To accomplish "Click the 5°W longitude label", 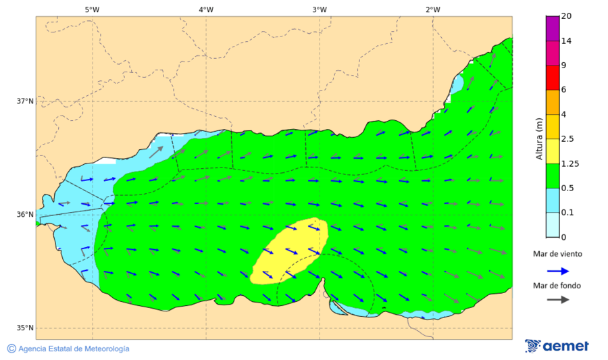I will pyautogui.click(x=93, y=9).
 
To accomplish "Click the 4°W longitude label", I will pyautogui.click(x=206, y=9).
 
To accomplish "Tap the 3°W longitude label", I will pyautogui.click(x=320, y=9).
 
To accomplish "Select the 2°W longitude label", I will pyautogui.click(x=433, y=9).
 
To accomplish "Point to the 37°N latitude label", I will pyautogui.click(x=25, y=101).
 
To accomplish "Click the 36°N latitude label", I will pyautogui.click(x=25, y=215).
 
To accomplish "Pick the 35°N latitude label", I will pyautogui.click(x=25, y=328).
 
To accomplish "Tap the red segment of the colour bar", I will pyautogui.click(x=553, y=77).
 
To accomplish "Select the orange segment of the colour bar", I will pyautogui.click(x=553, y=102).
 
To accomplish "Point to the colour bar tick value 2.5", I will pyautogui.click(x=568, y=139).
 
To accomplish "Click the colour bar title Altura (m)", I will pyautogui.click(x=539, y=138).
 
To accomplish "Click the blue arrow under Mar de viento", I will pyautogui.click(x=557, y=272).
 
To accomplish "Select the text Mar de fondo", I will pyautogui.click(x=557, y=286).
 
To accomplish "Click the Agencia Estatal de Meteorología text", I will pyautogui.click(x=73, y=349).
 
